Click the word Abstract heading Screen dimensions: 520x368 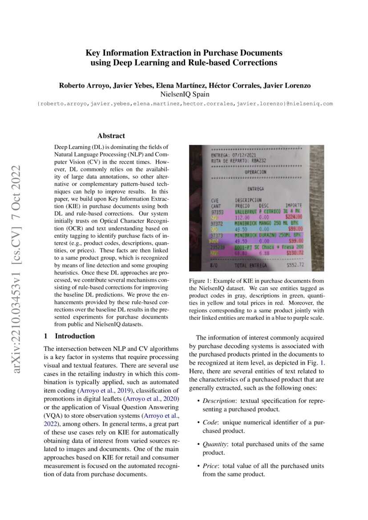point(111,136)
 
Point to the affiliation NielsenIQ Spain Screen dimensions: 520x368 point(184,94)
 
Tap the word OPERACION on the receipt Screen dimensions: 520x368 point(255,172)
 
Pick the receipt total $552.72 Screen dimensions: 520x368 point(295,266)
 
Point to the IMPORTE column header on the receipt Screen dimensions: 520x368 point(294,206)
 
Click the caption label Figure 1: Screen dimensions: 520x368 point(202,281)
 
